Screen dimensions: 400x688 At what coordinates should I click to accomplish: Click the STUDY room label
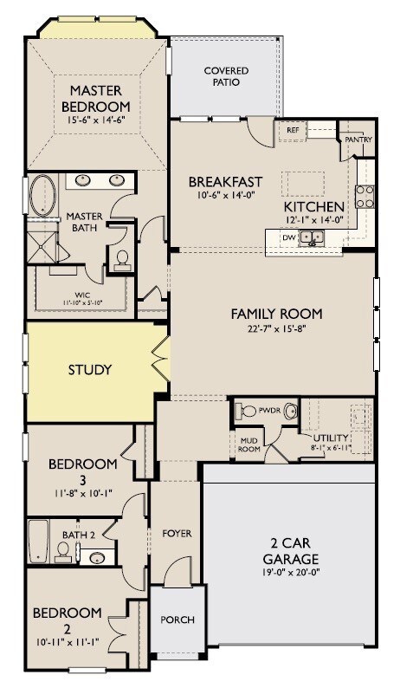coord(90,369)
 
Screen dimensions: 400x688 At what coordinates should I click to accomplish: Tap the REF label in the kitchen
coord(292,130)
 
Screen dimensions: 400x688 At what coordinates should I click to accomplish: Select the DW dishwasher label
coord(287,237)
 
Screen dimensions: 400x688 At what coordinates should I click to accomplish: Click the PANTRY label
coord(358,140)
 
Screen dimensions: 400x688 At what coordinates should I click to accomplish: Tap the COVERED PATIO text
coord(226,76)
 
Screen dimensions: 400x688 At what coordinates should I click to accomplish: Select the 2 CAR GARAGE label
coord(290,551)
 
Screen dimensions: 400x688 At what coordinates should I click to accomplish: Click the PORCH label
coord(177,620)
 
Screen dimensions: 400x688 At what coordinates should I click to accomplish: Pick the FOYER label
coord(177,534)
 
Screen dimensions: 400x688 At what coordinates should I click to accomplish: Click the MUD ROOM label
coord(249,445)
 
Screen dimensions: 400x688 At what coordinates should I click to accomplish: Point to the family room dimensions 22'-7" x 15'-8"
coord(277,328)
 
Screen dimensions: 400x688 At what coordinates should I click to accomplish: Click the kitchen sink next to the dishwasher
coord(312,237)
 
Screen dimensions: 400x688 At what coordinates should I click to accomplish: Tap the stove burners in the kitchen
coord(365,197)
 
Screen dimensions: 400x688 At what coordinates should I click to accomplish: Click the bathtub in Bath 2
coord(38,541)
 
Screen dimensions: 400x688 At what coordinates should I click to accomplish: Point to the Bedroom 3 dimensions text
coord(83,492)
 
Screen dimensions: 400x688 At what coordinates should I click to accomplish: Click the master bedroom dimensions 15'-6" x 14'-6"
coord(96,120)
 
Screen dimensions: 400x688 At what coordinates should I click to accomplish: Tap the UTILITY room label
coord(331,438)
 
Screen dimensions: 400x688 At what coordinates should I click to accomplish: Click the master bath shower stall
coord(42,247)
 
